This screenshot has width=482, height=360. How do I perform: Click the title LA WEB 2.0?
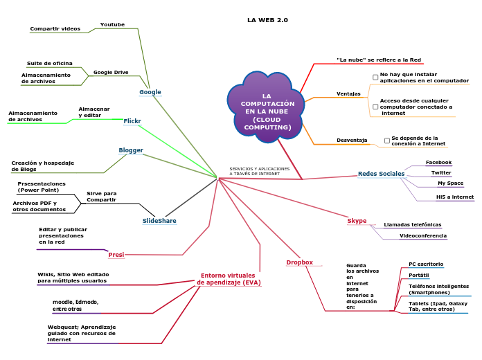(267, 20)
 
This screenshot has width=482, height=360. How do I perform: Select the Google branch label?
(150, 92)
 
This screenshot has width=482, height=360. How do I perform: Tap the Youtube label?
(112, 24)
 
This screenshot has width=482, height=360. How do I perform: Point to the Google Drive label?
(111, 72)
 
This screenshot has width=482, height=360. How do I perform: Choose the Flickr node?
(132, 121)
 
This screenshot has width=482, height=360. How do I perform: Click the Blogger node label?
(131, 150)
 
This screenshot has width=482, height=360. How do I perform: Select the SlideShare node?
(159, 221)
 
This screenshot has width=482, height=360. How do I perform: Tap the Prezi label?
(116, 255)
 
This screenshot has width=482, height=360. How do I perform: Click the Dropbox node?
(300, 262)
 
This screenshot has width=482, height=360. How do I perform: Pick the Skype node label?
(357, 221)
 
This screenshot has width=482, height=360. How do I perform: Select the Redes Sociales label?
(381, 174)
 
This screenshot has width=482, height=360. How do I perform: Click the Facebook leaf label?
(438, 162)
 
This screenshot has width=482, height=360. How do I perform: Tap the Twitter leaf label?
(441, 172)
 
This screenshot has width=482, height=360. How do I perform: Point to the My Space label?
(450, 183)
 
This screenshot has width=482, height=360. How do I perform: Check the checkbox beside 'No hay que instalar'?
(375, 77)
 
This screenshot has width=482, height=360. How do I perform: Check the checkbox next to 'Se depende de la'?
(387, 141)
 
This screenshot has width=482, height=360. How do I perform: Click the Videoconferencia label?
(422, 235)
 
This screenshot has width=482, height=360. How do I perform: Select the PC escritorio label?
(426, 264)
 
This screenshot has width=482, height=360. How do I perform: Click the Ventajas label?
(348, 93)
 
